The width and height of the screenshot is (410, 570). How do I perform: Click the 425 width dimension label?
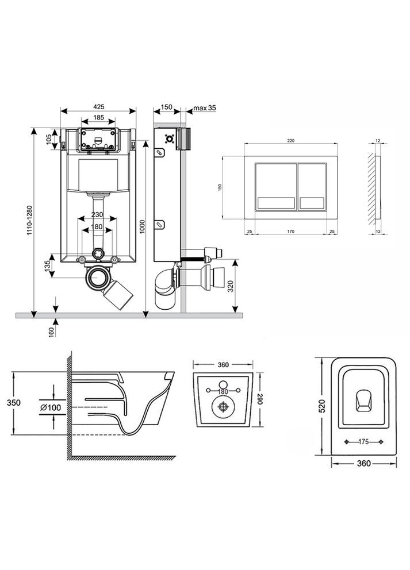[x=99, y=106]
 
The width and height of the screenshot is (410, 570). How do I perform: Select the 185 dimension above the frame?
[x=99, y=118]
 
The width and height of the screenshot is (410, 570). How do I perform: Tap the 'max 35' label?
[x=204, y=107]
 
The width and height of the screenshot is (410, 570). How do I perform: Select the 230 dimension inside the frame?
[x=97, y=216]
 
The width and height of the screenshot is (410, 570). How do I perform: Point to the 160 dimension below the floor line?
[x=51, y=332]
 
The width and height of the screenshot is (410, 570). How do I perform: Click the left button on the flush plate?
[x=275, y=187]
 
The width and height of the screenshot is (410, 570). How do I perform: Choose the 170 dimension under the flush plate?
[x=291, y=232]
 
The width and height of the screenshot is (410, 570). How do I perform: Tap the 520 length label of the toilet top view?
[x=323, y=405]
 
